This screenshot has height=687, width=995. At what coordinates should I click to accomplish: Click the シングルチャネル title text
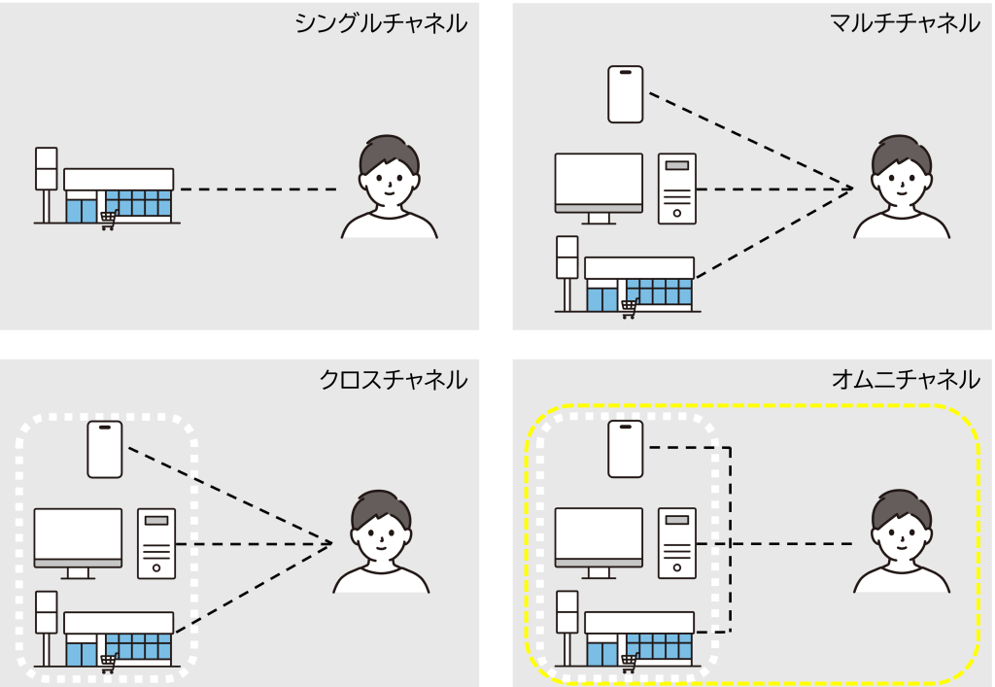381,23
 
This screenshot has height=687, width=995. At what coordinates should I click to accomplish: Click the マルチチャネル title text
905,23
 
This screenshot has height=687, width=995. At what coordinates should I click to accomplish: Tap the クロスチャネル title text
394,379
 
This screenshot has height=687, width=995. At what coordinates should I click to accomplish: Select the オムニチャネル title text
905,379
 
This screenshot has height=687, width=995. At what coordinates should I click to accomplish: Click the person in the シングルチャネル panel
389,189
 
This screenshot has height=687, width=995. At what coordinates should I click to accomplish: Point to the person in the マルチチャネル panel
902,189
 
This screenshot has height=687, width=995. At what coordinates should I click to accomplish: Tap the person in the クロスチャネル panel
381,543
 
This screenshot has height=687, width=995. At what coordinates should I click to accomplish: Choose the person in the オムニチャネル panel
902,543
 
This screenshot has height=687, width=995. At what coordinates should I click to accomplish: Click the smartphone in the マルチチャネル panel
626,94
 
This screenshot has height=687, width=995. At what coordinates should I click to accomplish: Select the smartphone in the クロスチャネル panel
105,449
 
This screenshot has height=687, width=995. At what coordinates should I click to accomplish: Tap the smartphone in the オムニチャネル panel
626,449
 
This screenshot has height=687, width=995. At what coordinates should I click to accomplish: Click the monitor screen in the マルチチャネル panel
599,179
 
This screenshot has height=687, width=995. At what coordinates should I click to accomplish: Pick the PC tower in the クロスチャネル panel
156,543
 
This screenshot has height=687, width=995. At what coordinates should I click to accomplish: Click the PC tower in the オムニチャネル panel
677,543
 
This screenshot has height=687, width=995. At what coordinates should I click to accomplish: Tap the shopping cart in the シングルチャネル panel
109,221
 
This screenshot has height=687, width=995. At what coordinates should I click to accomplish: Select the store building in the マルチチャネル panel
639,283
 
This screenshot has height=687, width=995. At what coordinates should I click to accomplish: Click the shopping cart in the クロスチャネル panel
109,663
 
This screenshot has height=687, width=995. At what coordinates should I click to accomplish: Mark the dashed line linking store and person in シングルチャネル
258,189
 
